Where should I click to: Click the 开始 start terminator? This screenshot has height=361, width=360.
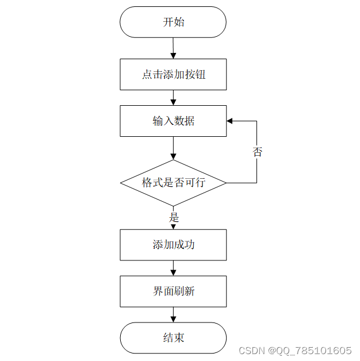[x=173, y=22]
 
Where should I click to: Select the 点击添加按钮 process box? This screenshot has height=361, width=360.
[x=173, y=74]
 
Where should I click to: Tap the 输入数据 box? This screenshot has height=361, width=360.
[x=173, y=121]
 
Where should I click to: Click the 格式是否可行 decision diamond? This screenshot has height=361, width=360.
[x=173, y=183]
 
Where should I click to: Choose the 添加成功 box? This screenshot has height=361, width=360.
[x=173, y=245]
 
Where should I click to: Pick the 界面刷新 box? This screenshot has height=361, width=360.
[x=173, y=291]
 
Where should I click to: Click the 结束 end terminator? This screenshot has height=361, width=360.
[x=173, y=338]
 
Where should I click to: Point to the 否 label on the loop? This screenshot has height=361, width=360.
[x=257, y=152]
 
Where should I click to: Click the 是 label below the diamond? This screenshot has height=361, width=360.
[x=174, y=218]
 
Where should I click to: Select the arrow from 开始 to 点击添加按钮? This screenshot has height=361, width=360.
[x=173, y=48]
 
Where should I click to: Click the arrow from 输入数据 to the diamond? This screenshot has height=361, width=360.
[x=173, y=148]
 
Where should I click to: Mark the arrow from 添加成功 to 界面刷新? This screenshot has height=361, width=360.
[x=173, y=268]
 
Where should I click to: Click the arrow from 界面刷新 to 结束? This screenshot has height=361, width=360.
[x=173, y=314]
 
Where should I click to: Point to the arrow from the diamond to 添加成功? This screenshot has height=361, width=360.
[x=173, y=226]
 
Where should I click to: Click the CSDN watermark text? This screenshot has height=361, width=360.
[x=250, y=350]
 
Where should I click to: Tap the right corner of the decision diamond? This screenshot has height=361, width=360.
[x=225, y=183]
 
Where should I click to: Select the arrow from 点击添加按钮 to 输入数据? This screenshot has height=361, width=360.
[x=173, y=98]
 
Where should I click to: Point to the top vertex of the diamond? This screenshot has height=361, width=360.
[x=173, y=160]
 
